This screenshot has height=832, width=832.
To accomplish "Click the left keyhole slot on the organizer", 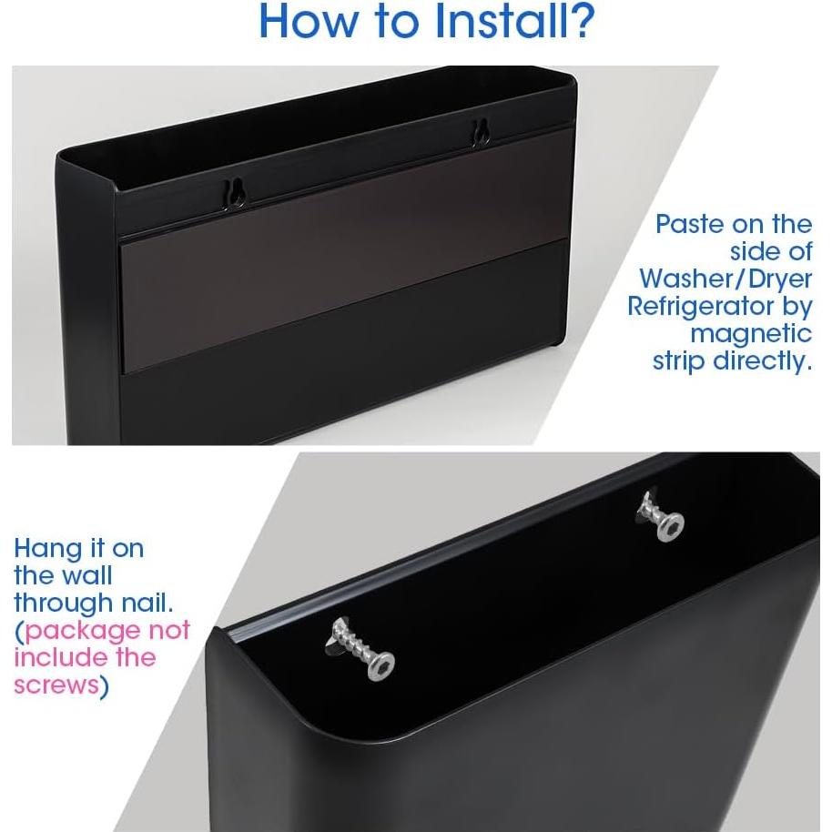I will tap(235, 191).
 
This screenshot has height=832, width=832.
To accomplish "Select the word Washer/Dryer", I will tap(725, 279).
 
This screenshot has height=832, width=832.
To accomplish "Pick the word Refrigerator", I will tap(719, 306).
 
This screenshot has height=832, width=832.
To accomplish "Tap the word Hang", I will tap(46, 550).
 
